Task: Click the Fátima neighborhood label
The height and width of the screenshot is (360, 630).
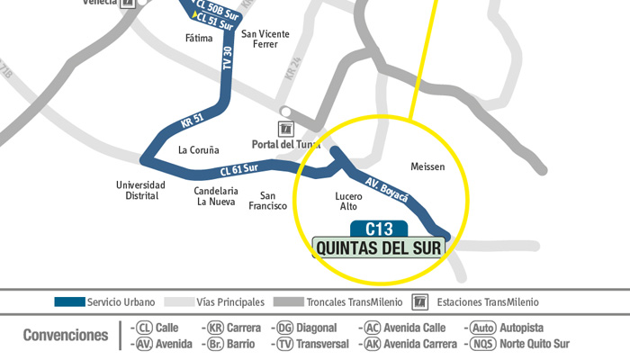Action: [199, 39]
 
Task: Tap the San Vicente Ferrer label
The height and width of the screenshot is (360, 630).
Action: [265, 39]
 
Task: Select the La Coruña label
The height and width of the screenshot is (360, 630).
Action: [198, 150]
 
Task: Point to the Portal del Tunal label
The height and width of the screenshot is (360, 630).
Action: [285, 144]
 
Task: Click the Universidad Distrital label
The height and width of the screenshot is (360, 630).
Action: [140, 190]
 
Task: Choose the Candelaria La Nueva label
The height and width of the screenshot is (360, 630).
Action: [216, 196]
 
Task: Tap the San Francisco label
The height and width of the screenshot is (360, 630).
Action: [267, 201]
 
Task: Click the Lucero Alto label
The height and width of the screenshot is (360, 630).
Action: [348, 201]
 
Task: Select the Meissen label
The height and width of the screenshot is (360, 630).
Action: [427, 167]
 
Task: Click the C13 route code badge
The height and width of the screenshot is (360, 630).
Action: [379, 229]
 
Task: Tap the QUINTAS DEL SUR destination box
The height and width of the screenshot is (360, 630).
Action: [379, 247]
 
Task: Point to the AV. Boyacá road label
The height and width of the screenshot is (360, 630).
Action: [387, 189]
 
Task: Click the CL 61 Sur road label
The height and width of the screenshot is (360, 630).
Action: [238, 169]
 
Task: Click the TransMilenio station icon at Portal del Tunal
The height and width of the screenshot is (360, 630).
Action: [285, 129]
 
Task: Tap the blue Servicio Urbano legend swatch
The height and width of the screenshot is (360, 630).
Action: [69, 302]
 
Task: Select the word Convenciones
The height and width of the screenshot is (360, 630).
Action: [66, 335]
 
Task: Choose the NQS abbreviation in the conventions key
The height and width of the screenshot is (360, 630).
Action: [483, 343]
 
